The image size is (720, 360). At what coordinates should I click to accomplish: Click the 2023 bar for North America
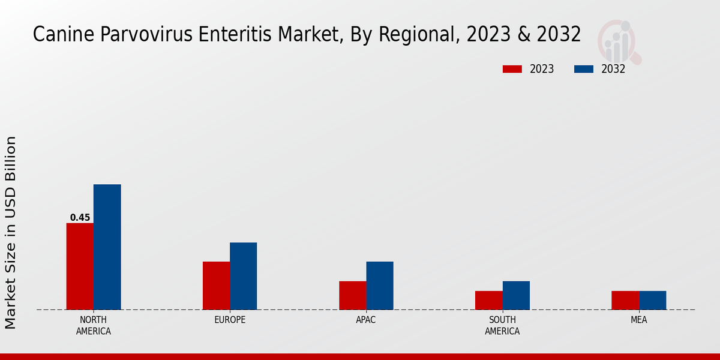pos(80,266)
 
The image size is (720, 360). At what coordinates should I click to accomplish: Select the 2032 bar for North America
pos(107,247)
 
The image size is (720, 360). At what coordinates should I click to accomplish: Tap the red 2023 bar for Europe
pos(216,286)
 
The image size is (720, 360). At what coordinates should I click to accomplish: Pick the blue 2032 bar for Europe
pos(243,276)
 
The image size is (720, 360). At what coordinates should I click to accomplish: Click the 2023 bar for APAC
pos(352,295)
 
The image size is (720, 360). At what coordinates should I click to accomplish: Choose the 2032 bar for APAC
pos(380,286)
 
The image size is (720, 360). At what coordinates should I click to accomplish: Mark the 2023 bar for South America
pos(488,300)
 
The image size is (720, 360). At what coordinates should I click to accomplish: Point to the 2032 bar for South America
pos(516,295)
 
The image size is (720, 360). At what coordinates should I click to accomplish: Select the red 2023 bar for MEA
pos(625,300)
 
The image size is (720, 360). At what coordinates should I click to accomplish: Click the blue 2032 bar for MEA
pos(652,300)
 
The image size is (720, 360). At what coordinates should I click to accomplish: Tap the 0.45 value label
pos(80,218)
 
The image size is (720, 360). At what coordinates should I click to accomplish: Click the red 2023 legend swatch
pos(512,69)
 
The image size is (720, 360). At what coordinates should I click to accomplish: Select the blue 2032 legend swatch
pos(583,69)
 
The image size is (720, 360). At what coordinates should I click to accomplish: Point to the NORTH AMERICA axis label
pos(94,325)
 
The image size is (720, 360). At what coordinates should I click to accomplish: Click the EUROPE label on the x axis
pos(230,320)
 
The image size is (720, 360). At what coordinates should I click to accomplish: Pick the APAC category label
pos(366,320)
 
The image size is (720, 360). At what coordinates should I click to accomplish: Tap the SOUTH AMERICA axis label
pos(502,325)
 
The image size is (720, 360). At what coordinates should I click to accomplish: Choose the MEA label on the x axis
pos(638,320)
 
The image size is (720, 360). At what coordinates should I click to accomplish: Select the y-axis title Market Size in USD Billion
pos(11,233)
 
